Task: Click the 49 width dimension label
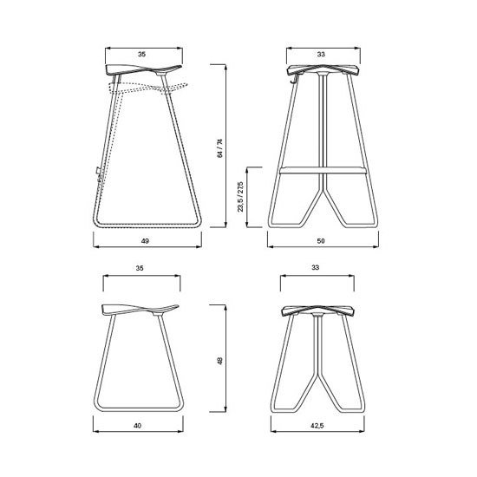145,241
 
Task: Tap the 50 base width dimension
321,241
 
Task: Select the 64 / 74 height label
220,148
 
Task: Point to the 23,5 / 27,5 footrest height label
240,197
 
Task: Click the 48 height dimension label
220,361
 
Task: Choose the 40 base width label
138,426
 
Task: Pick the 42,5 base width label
317,426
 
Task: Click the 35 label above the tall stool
141,54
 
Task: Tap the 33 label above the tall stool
321,54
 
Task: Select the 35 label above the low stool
140,268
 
